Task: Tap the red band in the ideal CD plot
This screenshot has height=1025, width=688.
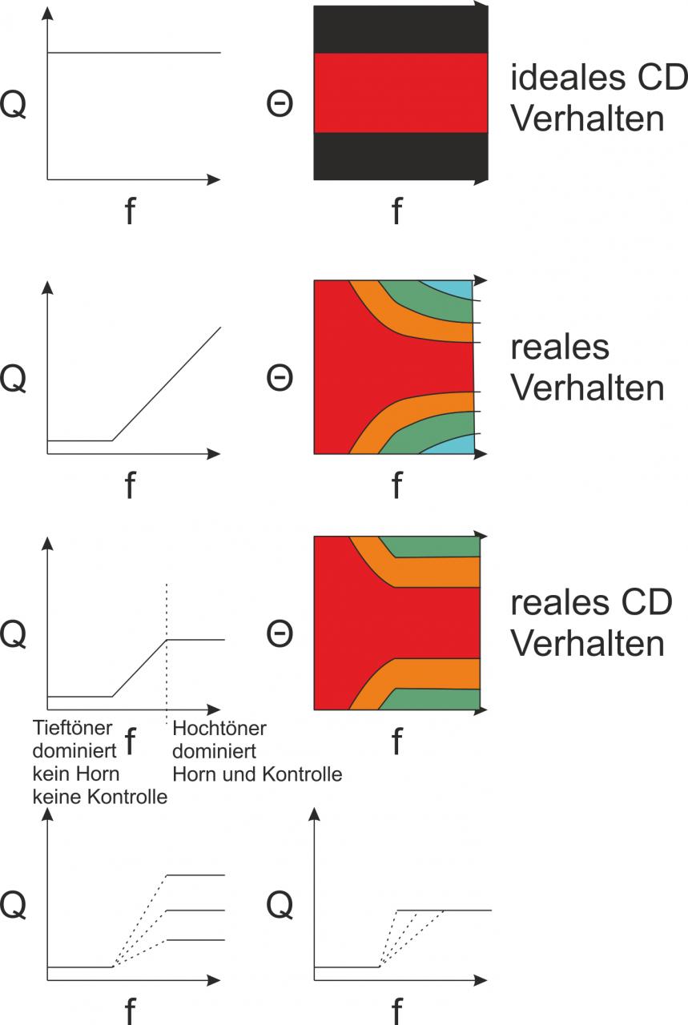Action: (x=400, y=92)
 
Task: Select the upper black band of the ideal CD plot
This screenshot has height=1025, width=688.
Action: (x=400, y=30)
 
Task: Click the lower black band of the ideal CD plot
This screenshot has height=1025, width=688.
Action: (x=400, y=156)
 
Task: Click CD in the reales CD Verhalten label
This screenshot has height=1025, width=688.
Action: (x=648, y=603)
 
